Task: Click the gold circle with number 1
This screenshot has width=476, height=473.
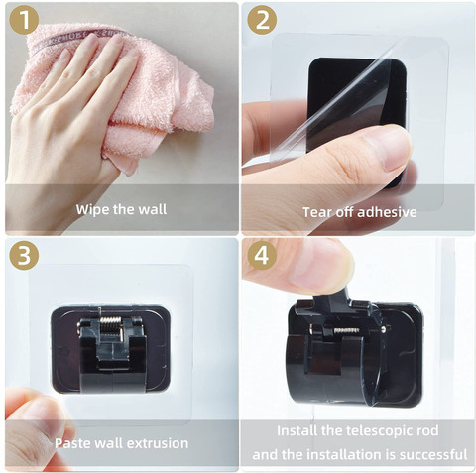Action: pyautogui.click(x=24, y=20)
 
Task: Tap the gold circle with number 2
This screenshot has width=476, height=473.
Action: pyautogui.click(x=262, y=20)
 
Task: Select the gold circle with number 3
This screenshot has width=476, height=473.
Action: pyautogui.click(x=24, y=255)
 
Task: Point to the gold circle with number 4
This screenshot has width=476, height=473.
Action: pyautogui.click(x=262, y=255)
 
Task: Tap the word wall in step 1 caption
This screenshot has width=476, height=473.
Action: pyautogui.click(x=153, y=209)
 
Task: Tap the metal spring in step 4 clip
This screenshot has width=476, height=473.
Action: pyautogui.click(x=347, y=330)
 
